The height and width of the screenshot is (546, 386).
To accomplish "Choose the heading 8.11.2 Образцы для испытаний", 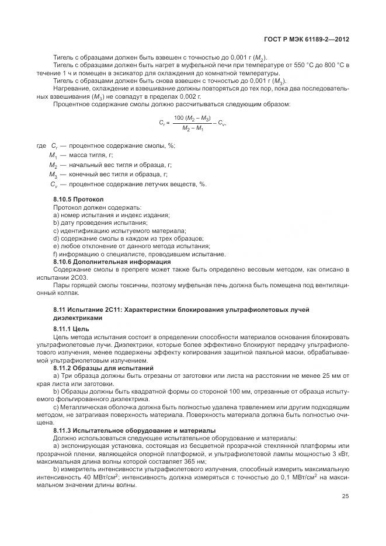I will tap(95, 368).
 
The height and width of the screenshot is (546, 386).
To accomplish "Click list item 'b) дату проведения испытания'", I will tap(100, 223).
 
